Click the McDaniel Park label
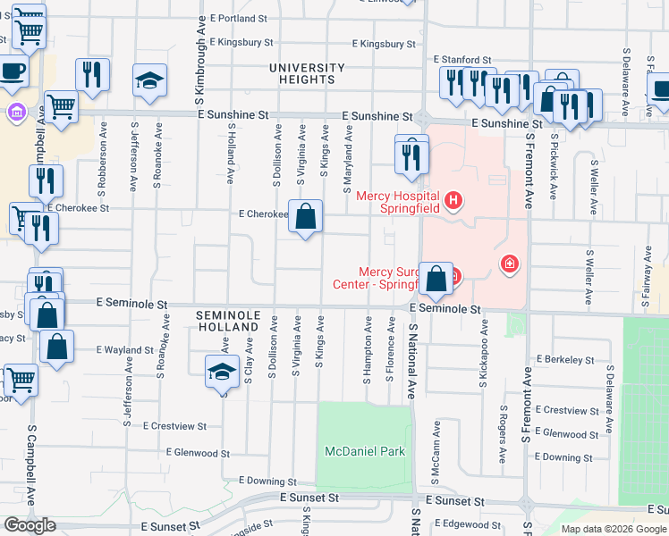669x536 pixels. pyautogui.click(x=364, y=451)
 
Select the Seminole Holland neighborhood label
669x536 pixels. pyautogui.click(x=227, y=322)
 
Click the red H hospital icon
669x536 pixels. pyautogui.click(x=453, y=199)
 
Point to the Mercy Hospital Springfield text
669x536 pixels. pyautogui.click(x=398, y=202)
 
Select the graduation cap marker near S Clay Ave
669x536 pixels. pyautogui.click(x=223, y=371)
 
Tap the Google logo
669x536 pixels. pyautogui.click(x=30, y=525)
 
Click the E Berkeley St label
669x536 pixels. pyautogui.click(x=565, y=359)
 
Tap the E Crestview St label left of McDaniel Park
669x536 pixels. pyautogui.click(x=174, y=426)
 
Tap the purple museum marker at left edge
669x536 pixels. pyautogui.click(x=14, y=113)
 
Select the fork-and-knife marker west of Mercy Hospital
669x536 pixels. pyautogui.click(x=411, y=157)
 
